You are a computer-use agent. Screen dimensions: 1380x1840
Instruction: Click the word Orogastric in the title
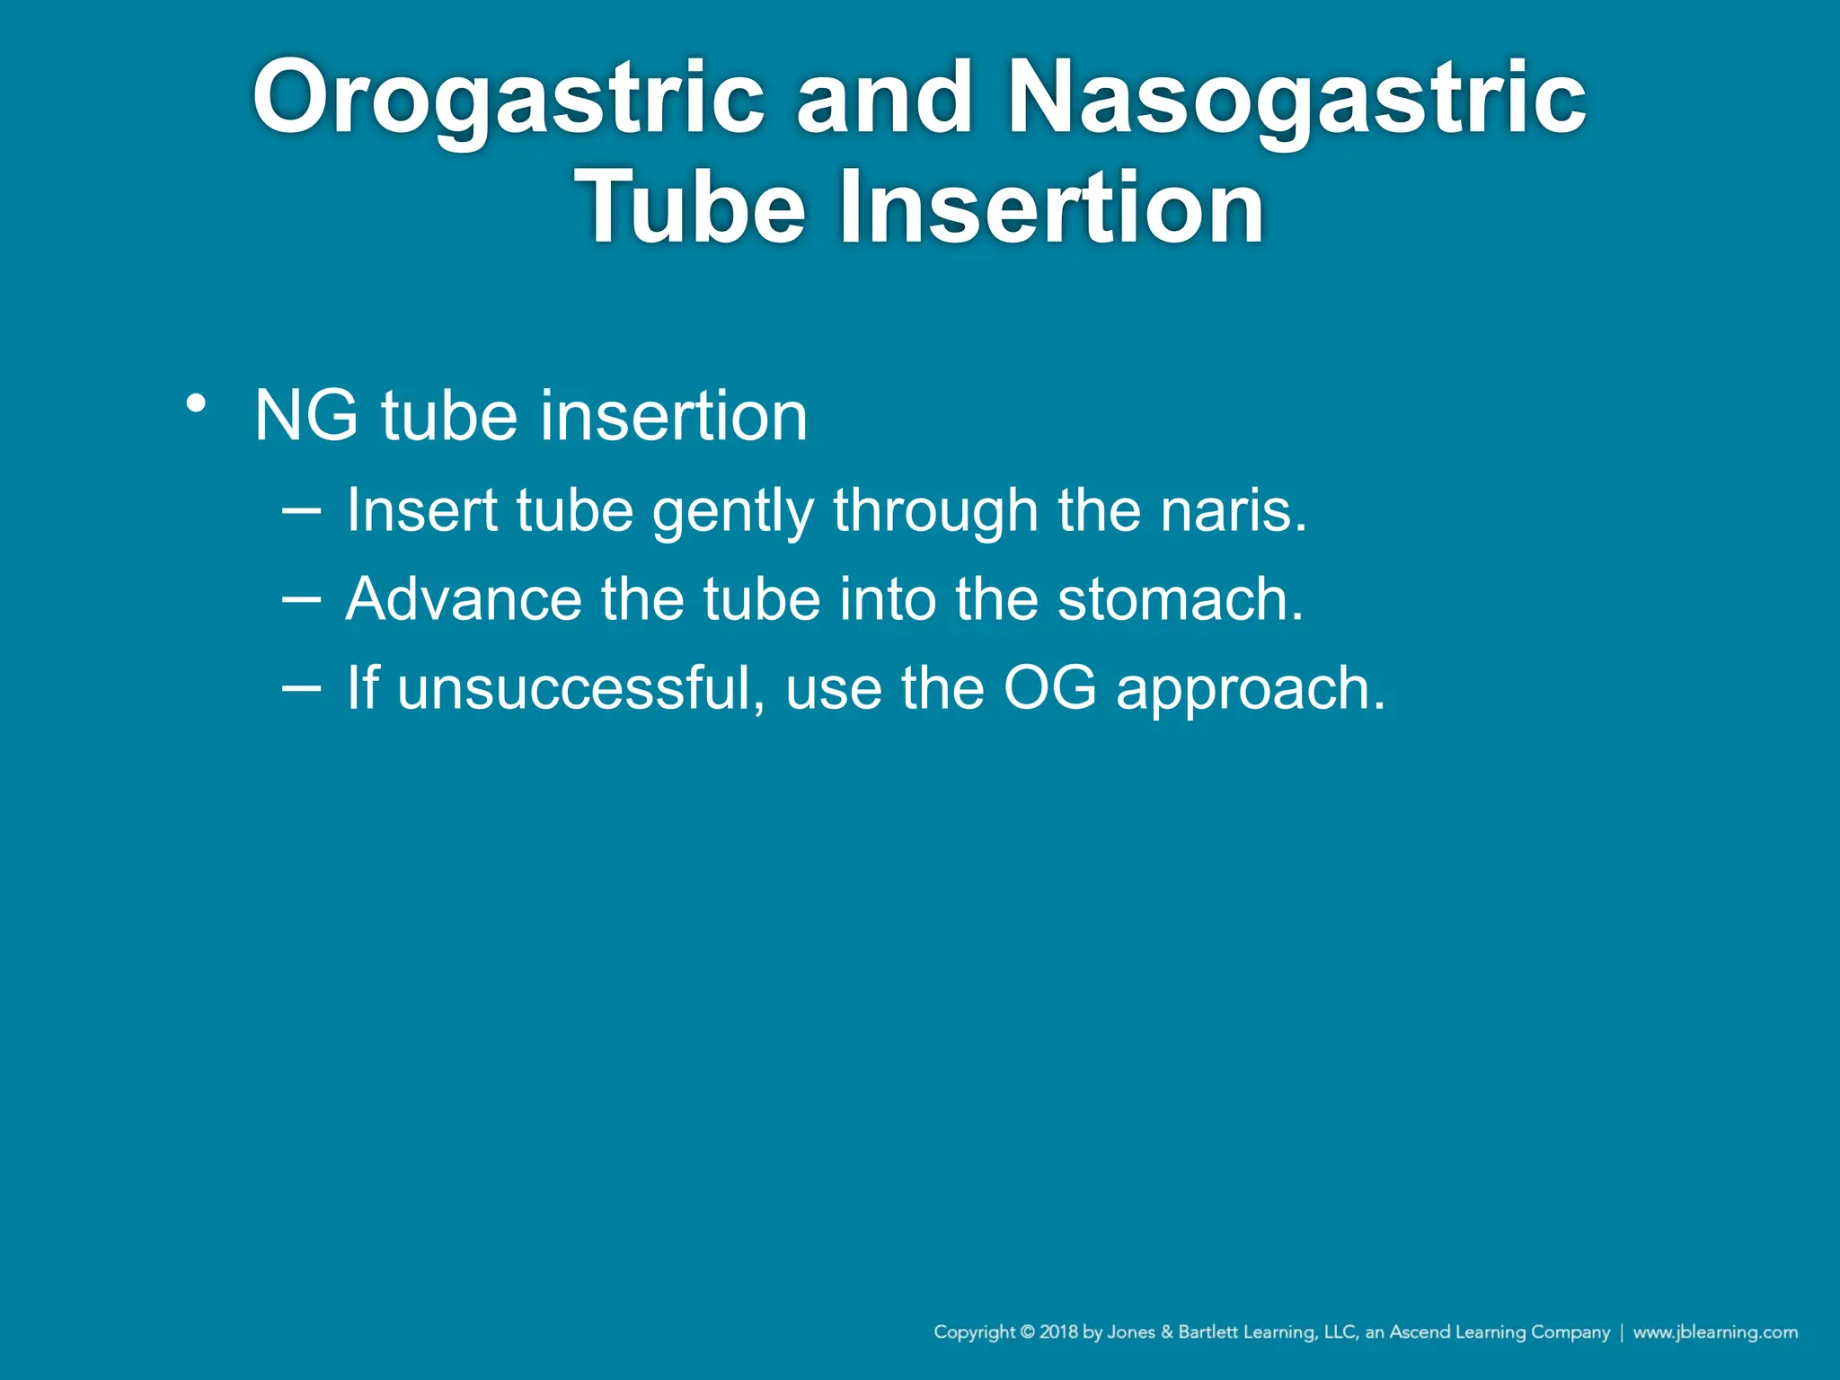(x=508, y=97)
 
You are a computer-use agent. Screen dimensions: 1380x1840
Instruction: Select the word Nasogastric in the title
(x=1296, y=97)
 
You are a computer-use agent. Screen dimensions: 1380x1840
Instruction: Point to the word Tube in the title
(x=690, y=208)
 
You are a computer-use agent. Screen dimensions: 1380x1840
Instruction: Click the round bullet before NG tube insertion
(x=196, y=403)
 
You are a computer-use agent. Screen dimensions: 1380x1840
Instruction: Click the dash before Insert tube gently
(x=301, y=509)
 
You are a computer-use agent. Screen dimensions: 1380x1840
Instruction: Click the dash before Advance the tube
(x=301, y=598)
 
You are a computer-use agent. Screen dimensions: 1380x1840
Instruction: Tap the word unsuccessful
(x=580, y=688)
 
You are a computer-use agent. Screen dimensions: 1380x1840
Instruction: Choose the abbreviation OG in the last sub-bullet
(x=1049, y=688)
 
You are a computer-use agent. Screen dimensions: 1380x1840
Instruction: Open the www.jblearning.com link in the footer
(x=1715, y=1332)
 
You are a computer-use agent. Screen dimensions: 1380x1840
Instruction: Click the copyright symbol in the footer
(x=1028, y=1332)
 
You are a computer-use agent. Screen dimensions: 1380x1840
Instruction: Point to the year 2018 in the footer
(x=1059, y=1332)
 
